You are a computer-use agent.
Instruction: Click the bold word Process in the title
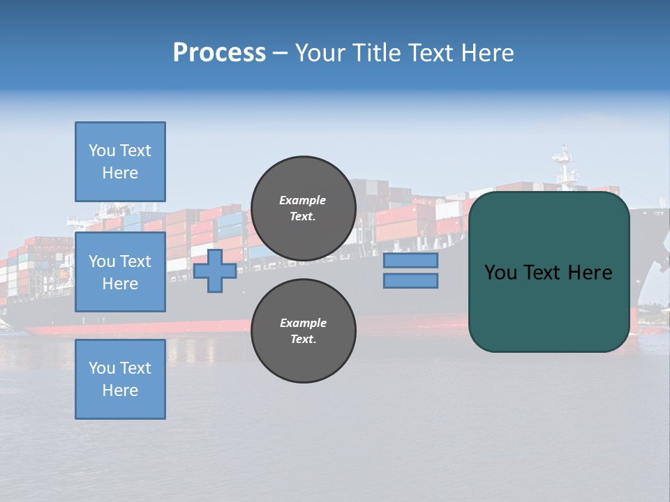coord(219,53)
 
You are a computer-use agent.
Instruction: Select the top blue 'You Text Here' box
coord(120,162)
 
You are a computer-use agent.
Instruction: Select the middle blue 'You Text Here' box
coord(120,272)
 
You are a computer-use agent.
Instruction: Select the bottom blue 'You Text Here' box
coord(120,379)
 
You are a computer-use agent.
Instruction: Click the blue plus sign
coord(215,271)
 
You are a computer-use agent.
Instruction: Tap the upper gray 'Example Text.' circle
coord(303,208)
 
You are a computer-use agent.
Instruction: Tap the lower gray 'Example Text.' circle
coord(303,331)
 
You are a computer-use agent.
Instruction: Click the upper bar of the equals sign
coord(410,261)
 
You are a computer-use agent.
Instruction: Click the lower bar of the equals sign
coord(410,281)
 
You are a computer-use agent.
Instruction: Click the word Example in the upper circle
coord(303,201)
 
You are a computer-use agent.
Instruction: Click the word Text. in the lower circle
coord(303,340)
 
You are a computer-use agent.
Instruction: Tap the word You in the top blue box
coord(102,151)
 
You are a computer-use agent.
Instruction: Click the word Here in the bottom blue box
coord(120,390)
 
